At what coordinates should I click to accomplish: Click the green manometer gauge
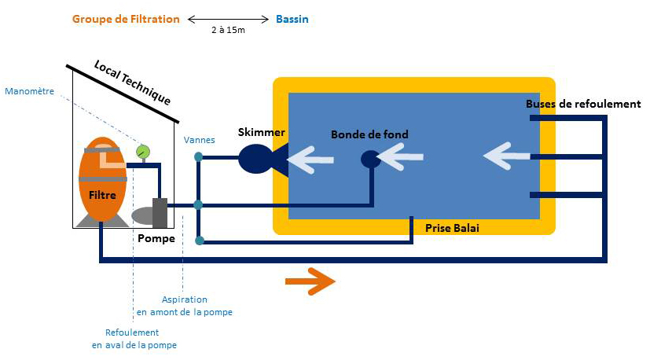(143, 152)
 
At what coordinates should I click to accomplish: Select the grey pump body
(160, 211)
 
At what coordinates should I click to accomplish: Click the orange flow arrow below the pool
(310, 281)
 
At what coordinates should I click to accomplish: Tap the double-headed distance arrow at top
(226, 19)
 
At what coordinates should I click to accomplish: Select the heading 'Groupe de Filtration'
(126, 19)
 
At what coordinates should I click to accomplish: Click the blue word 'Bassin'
(292, 19)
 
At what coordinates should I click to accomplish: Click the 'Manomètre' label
(29, 91)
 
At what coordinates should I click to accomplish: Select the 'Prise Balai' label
(452, 228)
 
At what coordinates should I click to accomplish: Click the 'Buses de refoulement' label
(583, 104)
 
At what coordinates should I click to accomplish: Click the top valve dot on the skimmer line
(199, 157)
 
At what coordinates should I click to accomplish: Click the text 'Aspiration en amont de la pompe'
(185, 306)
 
